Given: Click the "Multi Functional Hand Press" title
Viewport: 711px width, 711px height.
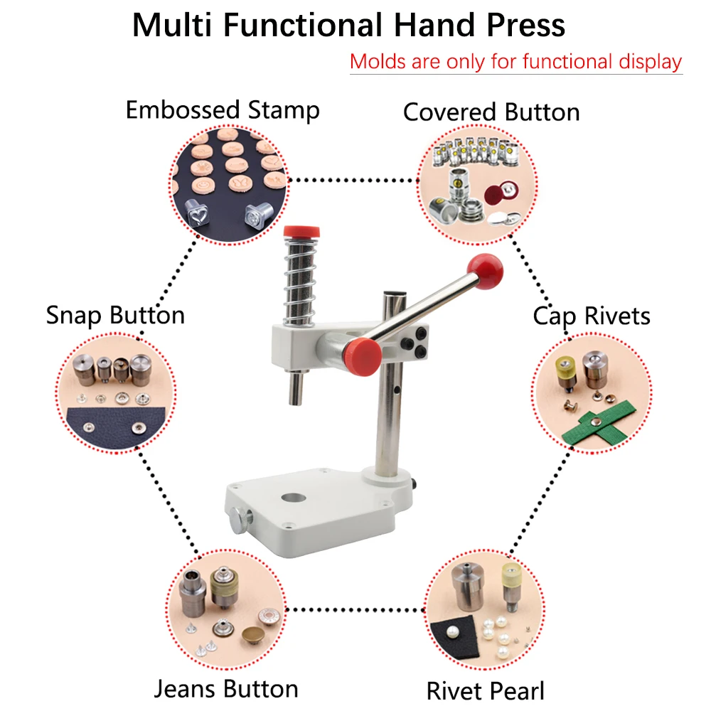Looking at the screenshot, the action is [348, 25].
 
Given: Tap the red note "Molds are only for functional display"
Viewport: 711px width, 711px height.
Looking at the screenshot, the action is [516, 62].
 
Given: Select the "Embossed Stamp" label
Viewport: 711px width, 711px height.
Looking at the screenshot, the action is [223, 110].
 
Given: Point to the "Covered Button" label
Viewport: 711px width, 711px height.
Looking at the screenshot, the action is [491, 112].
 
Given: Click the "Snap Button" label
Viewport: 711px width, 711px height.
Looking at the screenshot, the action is [116, 315].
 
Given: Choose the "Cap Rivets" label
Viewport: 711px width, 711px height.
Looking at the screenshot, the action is [592, 316].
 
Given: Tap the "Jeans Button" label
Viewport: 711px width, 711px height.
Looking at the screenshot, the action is [226, 689].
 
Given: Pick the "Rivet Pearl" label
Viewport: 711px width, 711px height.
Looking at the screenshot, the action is [485, 691].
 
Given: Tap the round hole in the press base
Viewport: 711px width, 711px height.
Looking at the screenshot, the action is [294, 498].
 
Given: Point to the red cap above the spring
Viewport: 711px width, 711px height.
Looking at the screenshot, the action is [301, 232].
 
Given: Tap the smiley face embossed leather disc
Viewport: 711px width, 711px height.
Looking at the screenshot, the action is [204, 186].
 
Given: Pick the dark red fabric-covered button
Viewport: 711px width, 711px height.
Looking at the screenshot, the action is [501, 194].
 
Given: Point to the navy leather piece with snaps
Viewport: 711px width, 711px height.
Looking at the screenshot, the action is [115, 428].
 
